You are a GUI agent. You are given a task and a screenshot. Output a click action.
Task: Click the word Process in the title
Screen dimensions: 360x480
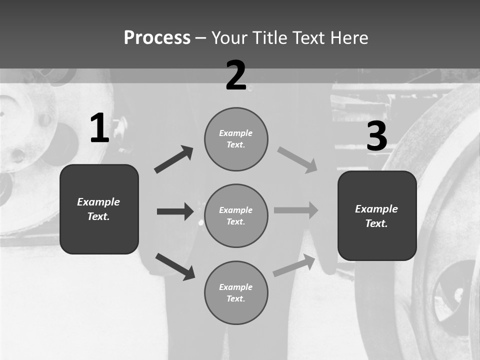(157, 38)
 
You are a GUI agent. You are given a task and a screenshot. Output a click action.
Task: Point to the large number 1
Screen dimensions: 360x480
(99, 128)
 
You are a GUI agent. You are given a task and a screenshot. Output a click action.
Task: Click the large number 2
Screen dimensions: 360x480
(236, 75)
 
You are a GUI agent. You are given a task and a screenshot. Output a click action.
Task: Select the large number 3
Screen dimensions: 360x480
(377, 136)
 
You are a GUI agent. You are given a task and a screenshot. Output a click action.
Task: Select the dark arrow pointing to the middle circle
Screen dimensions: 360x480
(175, 211)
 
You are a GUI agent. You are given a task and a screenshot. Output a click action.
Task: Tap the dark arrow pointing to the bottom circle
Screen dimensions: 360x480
(175, 266)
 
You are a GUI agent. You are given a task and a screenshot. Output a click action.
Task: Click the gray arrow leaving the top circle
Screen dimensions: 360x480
(297, 160)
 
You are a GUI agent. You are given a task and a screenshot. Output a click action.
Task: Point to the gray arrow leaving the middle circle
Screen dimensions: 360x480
(296, 210)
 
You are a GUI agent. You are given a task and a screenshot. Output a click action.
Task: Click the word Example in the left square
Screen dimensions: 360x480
(98, 202)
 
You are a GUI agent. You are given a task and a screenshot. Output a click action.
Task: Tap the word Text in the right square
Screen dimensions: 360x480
(376, 223)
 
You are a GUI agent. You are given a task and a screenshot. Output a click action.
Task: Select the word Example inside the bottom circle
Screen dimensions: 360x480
(235, 287)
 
